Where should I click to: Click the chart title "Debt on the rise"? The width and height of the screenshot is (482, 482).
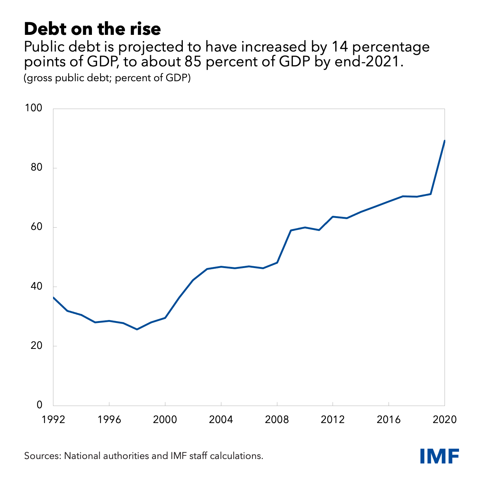pos(92,29)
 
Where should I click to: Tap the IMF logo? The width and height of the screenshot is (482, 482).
pos(440,456)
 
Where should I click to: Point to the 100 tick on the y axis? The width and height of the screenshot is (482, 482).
pos(33,108)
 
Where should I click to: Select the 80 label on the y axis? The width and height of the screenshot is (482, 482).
pos(36,168)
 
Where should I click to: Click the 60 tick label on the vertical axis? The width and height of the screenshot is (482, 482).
pos(36,227)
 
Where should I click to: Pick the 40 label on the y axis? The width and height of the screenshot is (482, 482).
pos(36,286)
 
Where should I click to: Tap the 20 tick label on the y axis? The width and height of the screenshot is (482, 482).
pos(36,346)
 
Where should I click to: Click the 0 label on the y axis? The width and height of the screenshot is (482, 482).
pos(40,405)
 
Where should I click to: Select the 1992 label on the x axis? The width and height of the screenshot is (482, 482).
pos(53,420)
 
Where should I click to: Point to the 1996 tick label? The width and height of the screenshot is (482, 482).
pos(109,420)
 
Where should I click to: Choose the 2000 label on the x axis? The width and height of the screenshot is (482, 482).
pos(165,420)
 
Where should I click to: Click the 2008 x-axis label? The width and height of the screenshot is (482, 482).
pos(277,420)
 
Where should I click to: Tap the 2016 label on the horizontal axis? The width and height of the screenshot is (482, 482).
pos(389,420)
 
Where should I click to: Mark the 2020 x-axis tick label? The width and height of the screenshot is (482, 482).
pos(444,420)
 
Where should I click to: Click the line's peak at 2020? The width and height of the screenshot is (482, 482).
pos(444,141)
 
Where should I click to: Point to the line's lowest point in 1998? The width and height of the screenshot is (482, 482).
pos(137,329)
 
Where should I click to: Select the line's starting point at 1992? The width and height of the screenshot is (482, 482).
pos(53,297)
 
